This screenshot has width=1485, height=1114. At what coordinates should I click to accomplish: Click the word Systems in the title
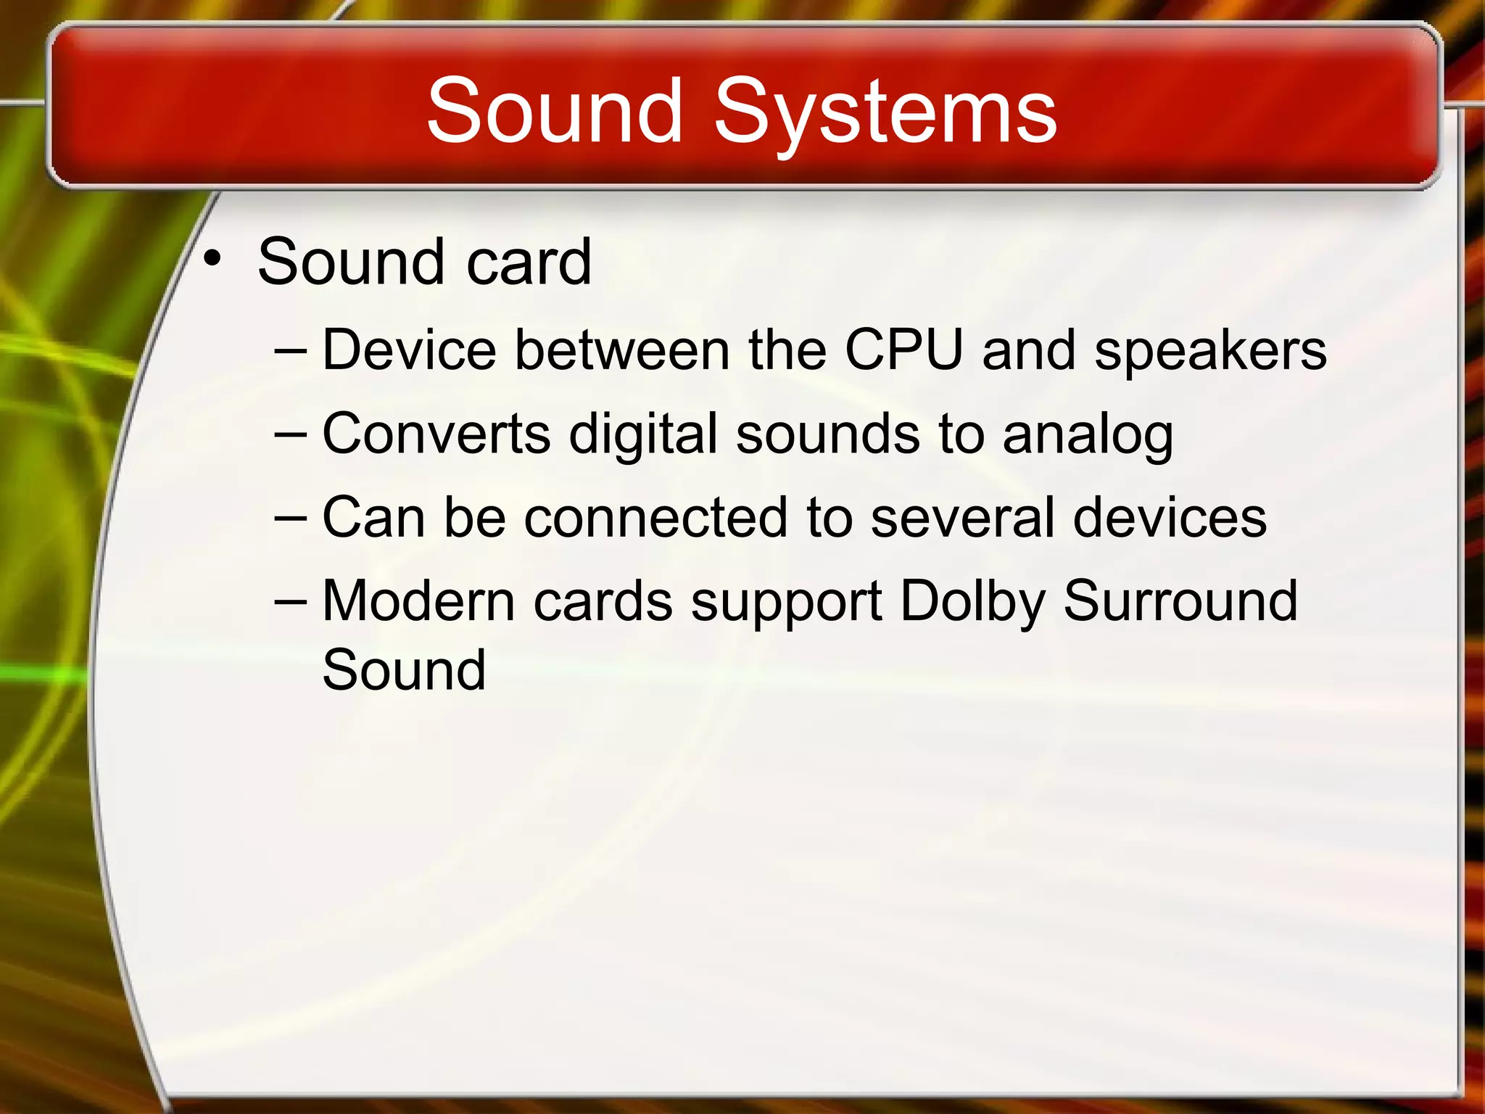tap(885, 112)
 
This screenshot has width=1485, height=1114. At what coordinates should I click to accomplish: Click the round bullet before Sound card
tap(212, 257)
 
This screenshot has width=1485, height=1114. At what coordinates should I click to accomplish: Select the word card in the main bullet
tap(529, 262)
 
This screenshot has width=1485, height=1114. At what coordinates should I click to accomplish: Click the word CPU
tap(903, 350)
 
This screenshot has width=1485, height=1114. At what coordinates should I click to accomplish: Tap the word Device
tap(409, 350)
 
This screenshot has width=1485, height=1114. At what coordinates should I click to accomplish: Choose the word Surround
tap(1180, 601)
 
